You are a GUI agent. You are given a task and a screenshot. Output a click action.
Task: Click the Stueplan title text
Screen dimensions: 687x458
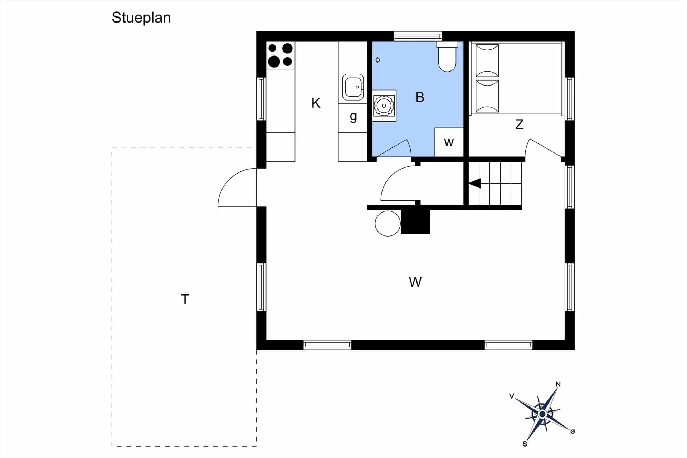coord(141,18)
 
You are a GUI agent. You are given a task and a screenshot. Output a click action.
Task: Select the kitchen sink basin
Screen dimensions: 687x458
coord(353,87)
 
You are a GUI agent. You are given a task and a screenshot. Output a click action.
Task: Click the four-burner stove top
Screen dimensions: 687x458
coord(281,55)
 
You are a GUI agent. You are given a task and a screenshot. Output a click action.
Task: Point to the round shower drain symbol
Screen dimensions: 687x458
coord(384,106)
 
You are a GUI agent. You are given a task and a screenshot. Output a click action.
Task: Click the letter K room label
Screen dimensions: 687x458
coord(316,103)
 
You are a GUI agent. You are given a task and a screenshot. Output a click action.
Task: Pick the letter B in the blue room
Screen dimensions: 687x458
coord(420,97)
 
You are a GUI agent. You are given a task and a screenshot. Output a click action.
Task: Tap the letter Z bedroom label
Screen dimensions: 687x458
coord(520,124)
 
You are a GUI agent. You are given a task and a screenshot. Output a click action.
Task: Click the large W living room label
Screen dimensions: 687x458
coord(415,282)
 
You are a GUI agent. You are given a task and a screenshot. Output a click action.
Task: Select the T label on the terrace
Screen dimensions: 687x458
coord(185,299)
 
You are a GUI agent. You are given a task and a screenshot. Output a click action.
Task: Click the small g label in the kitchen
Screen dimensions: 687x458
coord(354,117)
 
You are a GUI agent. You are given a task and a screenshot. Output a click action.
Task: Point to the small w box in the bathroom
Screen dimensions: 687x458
coord(449,142)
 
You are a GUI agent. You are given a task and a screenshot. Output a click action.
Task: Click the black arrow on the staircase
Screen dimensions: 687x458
coord(475,184)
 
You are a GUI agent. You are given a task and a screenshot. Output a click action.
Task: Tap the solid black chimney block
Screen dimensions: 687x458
coord(415,222)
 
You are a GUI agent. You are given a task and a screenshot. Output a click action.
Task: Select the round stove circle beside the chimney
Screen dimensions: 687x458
coord(388,224)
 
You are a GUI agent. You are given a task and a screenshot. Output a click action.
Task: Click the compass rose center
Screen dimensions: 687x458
coord(542,414)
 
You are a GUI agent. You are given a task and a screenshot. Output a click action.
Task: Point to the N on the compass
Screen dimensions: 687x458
coord(558,385)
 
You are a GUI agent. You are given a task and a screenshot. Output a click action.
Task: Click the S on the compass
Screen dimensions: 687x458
coord(525,444)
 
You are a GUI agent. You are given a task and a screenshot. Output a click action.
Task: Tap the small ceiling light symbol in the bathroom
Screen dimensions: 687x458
coord(378,60)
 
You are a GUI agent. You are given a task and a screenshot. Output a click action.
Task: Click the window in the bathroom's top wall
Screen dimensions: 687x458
coord(418,36)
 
